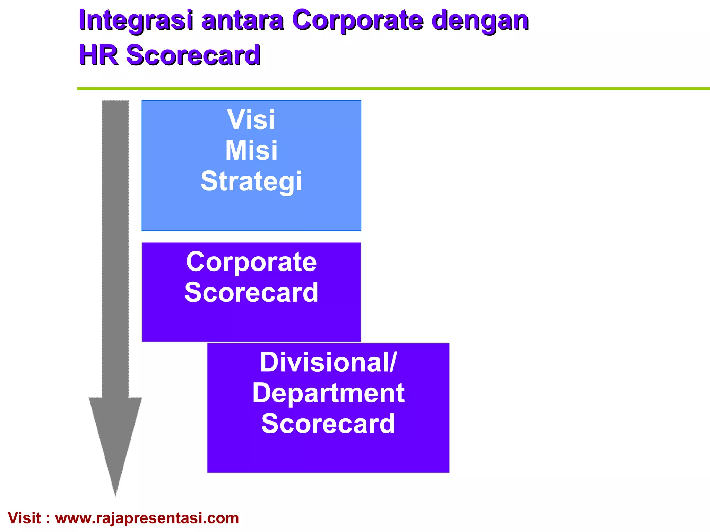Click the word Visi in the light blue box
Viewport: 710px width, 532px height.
[x=251, y=120]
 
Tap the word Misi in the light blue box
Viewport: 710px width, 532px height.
[x=251, y=151]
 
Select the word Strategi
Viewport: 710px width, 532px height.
[x=251, y=181]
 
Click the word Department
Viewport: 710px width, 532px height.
[x=328, y=393]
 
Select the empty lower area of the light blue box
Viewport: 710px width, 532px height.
[x=251, y=213]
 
